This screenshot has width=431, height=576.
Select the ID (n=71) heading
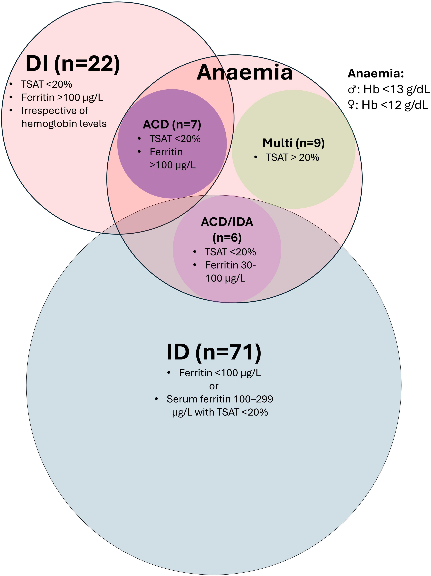click(214, 352)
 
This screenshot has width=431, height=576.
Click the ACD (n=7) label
click(172, 124)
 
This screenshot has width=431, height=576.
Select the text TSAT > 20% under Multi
click(292, 158)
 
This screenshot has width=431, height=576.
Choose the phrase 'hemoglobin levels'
click(64, 124)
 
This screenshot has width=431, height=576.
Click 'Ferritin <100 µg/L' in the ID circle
click(220, 373)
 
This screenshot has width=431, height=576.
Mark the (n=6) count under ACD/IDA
click(227, 237)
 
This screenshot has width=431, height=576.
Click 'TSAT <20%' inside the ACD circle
click(175, 139)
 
